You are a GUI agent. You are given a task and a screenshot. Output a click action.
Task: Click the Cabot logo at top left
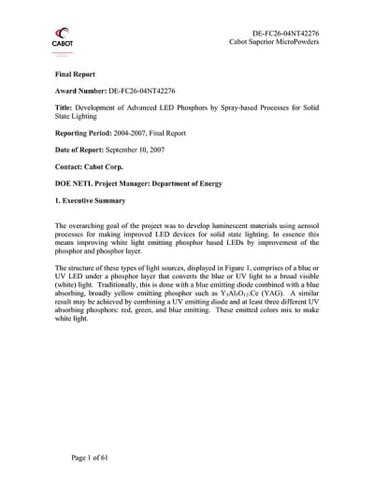coord(65,40)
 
